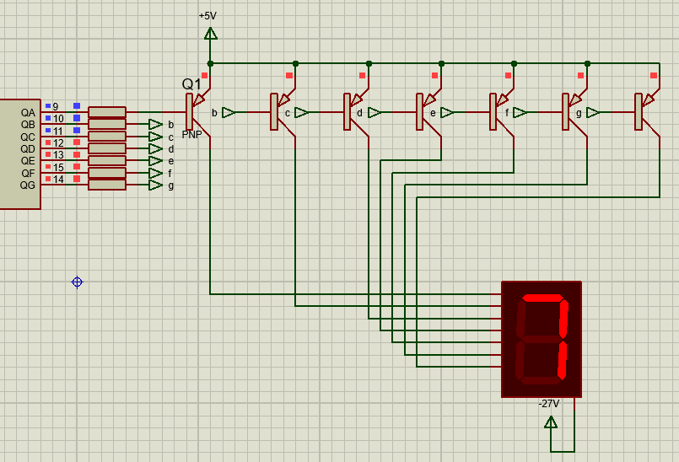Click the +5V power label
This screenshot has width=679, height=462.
pyautogui.click(x=207, y=16)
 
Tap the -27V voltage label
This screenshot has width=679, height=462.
pyautogui.click(x=548, y=404)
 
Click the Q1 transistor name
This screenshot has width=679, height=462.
pyautogui.click(x=191, y=84)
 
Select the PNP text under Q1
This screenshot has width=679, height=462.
pyautogui.click(x=191, y=135)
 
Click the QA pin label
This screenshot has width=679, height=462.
pyautogui.click(x=28, y=113)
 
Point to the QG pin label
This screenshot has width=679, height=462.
pyautogui.click(x=28, y=185)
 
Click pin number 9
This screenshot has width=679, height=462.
pyautogui.click(x=56, y=106)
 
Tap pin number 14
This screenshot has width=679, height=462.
pyautogui.click(x=58, y=180)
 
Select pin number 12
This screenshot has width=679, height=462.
pyautogui.click(x=58, y=142)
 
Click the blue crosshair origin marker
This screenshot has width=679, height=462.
pyautogui.click(x=77, y=282)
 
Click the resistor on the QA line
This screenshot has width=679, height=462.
pyautogui.click(x=107, y=112)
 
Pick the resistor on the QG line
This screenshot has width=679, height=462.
pyautogui.click(x=107, y=185)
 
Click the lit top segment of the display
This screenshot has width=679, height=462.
pyautogui.click(x=543, y=298)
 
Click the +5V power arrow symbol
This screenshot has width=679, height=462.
pyautogui.click(x=211, y=34)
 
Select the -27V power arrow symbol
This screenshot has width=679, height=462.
pyautogui.click(x=551, y=422)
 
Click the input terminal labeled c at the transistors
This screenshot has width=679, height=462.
pyautogui.click(x=301, y=113)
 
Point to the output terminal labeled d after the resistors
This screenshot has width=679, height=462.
pyautogui.click(x=155, y=148)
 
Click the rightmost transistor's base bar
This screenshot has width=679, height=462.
pyautogui.click(x=639, y=112)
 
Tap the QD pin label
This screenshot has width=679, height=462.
pyautogui.click(x=28, y=149)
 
